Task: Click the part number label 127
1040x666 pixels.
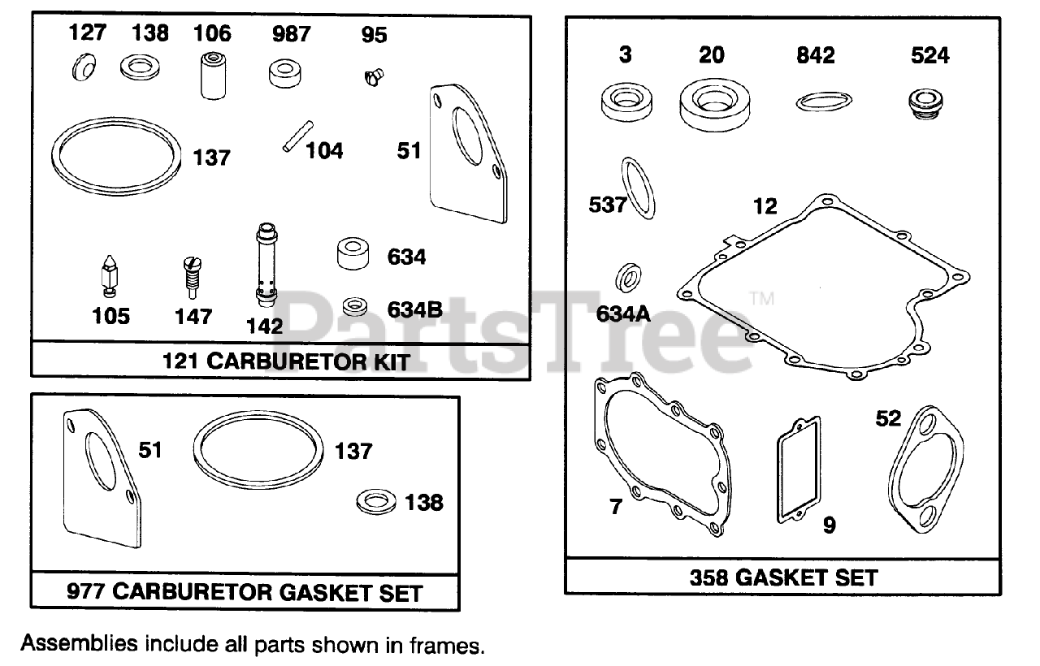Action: [x=86, y=33]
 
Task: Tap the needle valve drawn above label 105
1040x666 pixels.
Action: [x=110, y=275]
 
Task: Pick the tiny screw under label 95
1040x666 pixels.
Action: [x=373, y=77]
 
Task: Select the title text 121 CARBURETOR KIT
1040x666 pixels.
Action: [x=286, y=361]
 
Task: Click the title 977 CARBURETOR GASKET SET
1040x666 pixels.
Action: [x=245, y=592]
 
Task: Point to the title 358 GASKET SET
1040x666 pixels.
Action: [x=783, y=577]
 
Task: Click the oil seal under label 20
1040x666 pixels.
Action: [x=712, y=105]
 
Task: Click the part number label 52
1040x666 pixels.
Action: [x=889, y=418]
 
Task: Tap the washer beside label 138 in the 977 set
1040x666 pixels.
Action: [x=375, y=500]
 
